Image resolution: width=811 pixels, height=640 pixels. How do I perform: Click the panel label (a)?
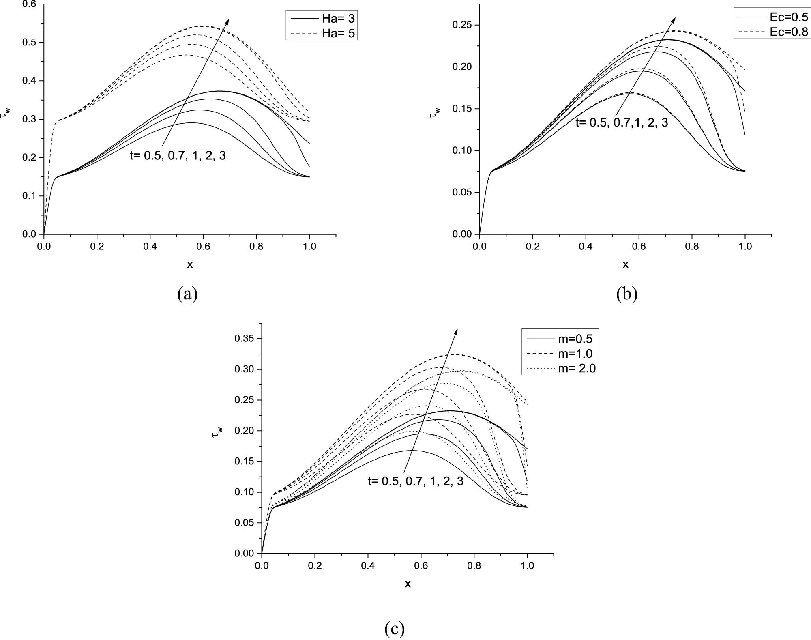click(x=187, y=294)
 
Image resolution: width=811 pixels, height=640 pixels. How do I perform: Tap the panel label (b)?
click(x=626, y=294)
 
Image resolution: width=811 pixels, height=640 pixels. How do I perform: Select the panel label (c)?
click(x=394, y=629)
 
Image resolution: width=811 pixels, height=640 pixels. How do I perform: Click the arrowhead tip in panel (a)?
click(x=229, y=19)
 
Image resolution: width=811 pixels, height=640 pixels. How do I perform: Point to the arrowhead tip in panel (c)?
click(x=457, y=329)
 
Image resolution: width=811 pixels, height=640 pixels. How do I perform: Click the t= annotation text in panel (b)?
click(x=621, y=122)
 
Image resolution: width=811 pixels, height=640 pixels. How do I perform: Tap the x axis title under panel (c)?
click(x=408, y=584)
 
